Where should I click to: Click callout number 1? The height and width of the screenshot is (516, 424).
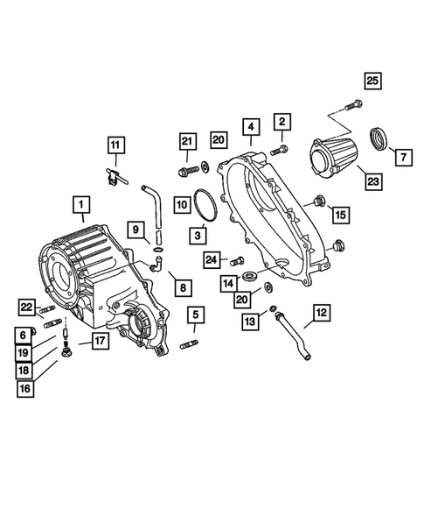point(80,207)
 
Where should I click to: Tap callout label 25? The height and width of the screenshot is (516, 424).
point(373,81)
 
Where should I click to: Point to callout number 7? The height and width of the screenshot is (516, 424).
point(402,158)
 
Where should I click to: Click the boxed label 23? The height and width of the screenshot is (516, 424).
point(372,182)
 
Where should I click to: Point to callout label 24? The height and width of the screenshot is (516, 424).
point(211,258)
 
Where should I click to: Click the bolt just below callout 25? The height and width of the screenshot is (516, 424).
point(352,105)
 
